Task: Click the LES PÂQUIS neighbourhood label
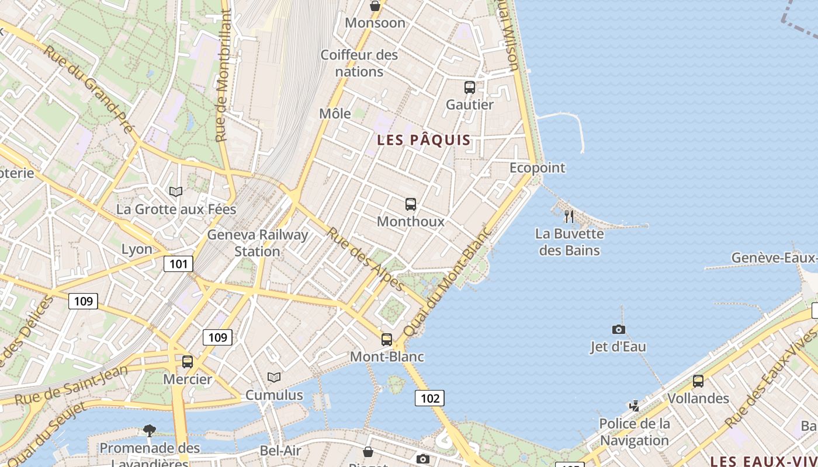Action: click(x=424, y=140)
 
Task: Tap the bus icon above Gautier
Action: click(x=470, y=88)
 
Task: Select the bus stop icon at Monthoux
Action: click(x=411, y=204)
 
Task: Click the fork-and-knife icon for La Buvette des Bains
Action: click(x=569, y=217)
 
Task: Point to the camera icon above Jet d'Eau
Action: click(x=618, y=330)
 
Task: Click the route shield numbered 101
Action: click(x=178, y=264)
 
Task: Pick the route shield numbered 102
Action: click(x=429, y=398)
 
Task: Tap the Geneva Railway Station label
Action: click(x=258, y=243)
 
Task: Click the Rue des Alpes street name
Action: click(x=365, y=259)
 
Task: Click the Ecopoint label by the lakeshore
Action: click(x=537, y=168)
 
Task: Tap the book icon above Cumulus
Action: click(x=274, y=377)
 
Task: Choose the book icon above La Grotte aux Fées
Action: click(x=176, y=191)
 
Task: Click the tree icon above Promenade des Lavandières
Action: click(x=150, y=431)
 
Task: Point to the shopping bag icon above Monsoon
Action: click(x=375, y=6)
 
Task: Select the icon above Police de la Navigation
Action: click(x=634, y=406)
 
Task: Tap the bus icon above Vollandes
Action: click(x=698, y=381)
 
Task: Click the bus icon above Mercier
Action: click(x=188, y=362)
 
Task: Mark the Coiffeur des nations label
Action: click(x=359, y=63)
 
